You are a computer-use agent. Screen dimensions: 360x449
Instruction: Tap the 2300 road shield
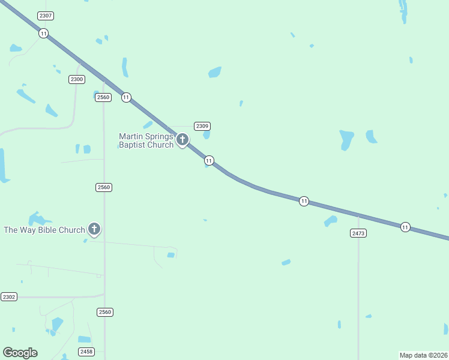click(76, 79)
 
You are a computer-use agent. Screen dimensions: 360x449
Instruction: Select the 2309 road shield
click(202, 126)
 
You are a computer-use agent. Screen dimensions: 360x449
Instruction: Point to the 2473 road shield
click(358, 233)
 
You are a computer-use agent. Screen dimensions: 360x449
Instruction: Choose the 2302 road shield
click(9, 297)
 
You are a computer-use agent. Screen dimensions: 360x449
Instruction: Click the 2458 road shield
click(86, 352)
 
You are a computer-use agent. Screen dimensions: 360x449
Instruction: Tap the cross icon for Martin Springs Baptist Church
click(182, 140)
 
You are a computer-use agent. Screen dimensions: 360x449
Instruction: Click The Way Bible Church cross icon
click(94, 229)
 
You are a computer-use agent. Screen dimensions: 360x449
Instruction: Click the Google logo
click(20, 353)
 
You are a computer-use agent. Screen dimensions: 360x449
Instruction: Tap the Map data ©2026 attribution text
click(423, 355)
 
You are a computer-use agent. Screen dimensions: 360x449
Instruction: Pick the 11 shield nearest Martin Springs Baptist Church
click(209, 160)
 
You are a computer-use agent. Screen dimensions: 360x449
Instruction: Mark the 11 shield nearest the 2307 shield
click(44, 34)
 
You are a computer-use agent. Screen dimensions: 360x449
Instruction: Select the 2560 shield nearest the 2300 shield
click(103, 97)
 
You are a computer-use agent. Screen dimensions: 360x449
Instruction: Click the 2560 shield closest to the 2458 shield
click(105, 312)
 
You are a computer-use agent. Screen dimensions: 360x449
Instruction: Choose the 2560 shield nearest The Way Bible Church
click(104, 187)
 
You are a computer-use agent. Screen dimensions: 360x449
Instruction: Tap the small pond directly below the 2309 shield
click(206, 135)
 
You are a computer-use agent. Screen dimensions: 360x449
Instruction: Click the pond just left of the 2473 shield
click(331, 221)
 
